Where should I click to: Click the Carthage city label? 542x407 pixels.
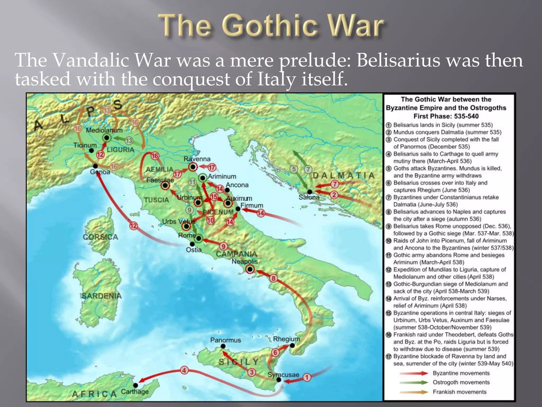[x=135, y=392]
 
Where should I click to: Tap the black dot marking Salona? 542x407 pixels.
[x=310, y=192]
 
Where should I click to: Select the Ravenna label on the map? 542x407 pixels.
[x=197, y=159]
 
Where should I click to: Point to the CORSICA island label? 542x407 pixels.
[x=100, y=237]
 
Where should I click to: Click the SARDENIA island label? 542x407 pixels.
[x=102, y=296]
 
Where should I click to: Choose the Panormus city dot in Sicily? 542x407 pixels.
[x=223, y=346]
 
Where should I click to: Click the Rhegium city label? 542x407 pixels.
[x=286, y=339]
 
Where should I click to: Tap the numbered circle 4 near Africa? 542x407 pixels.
[x=184, y=370]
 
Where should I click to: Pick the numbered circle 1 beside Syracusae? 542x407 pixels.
[x=307, y=377]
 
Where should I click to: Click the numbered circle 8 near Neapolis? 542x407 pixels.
[x=273, y=278]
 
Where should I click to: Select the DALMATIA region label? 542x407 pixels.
[x=344, y=175]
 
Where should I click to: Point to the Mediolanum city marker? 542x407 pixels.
[x=107, y=138]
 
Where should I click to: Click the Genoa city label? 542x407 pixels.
[x=100, y=172]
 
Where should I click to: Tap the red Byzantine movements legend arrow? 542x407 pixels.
[x=414, y=373]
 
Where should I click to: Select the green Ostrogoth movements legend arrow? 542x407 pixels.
[x=414, y=382]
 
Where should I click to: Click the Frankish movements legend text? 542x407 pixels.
[x=459, y=392]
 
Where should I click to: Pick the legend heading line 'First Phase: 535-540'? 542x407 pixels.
[x=446, y=116]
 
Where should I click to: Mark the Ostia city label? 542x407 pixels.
[x=194, y=250]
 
